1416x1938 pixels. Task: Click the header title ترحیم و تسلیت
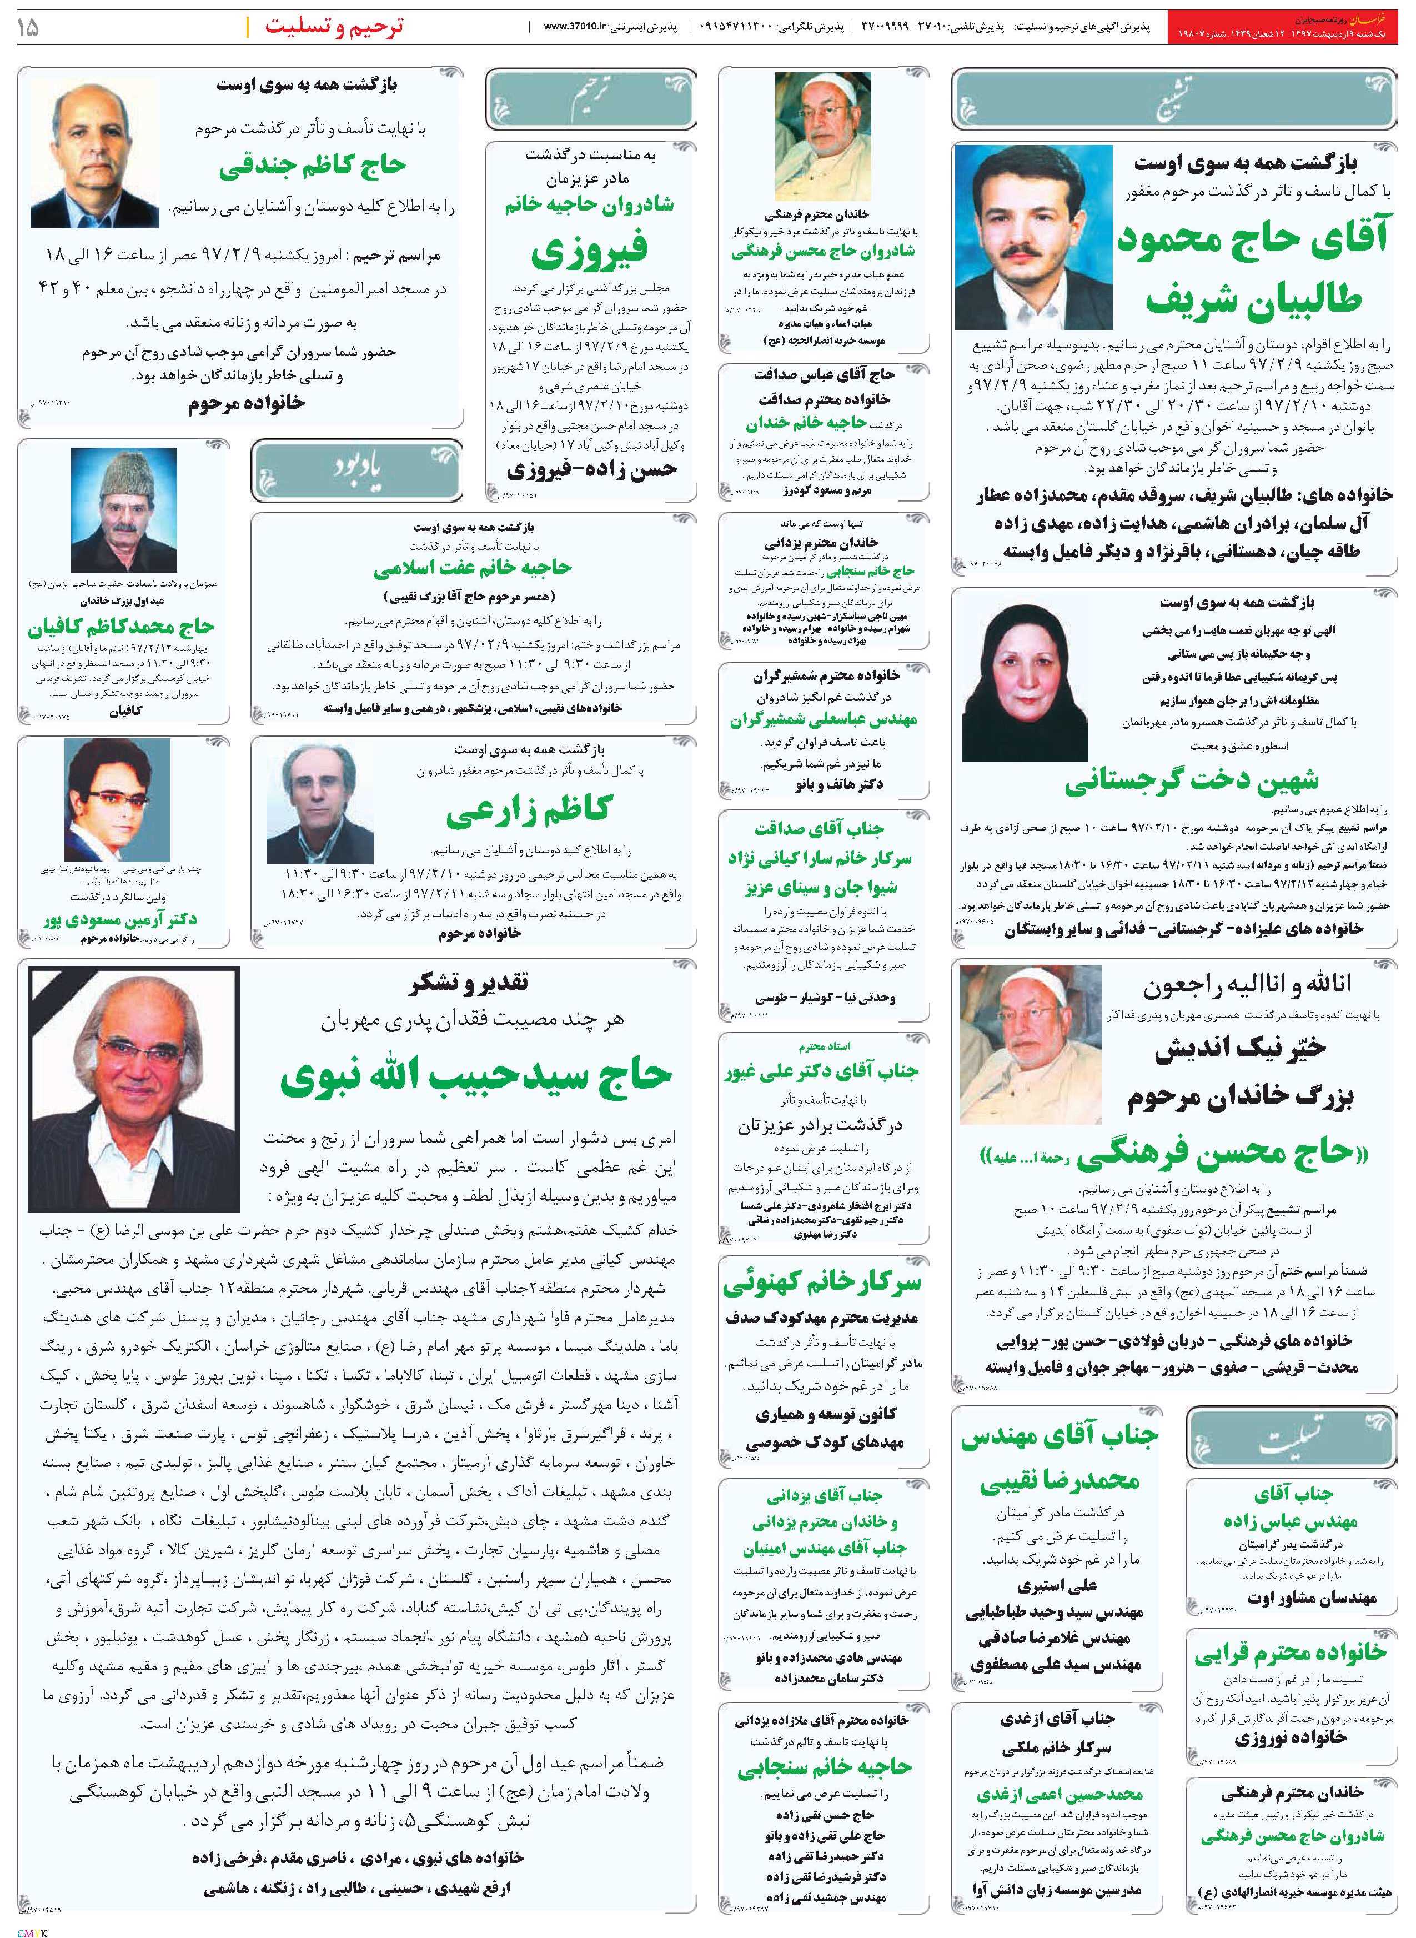click(334, 26)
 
